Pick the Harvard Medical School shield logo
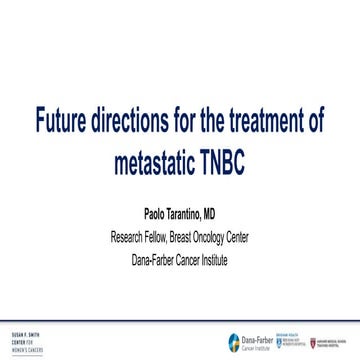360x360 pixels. click(x=320, y=340)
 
